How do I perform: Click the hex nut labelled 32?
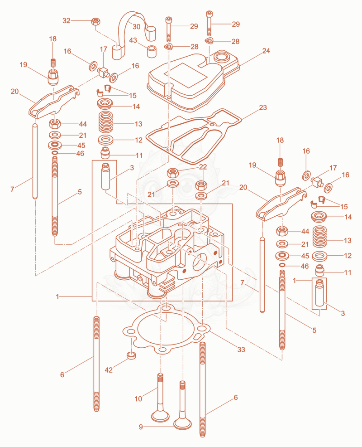coord(95,21)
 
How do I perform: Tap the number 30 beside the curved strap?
coord(136,26)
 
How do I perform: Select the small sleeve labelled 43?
coord(152,51)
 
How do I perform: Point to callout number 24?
coord(266,51)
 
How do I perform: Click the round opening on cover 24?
coord(222,57)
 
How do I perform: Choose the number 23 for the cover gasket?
coord(263,107)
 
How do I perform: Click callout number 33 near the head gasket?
coord(241,350)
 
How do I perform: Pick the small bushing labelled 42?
coord(131,355)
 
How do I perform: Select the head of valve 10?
coord(161,416)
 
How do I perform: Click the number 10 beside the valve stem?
coord(138,398)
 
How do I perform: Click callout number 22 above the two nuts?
coord(203,167)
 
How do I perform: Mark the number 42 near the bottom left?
coord(109,370)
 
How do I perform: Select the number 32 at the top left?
coord(67,20)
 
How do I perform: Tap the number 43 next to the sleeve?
coord(133,40)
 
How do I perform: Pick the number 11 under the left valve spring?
coord(139,155)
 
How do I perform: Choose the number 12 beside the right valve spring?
coord(348,255)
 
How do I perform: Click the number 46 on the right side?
coord(305,266)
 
